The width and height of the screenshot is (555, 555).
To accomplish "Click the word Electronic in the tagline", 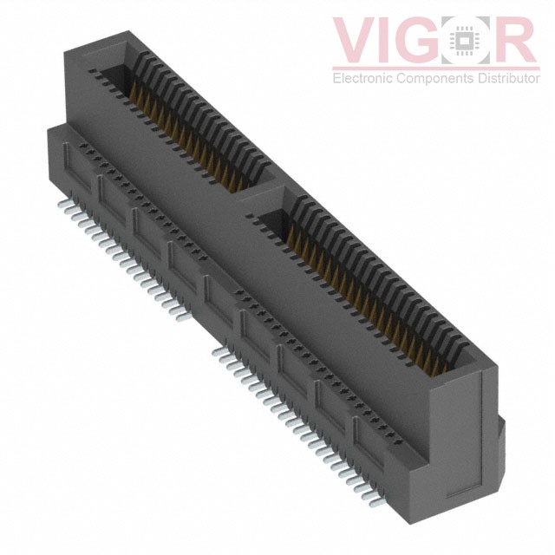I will coord(362,79).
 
